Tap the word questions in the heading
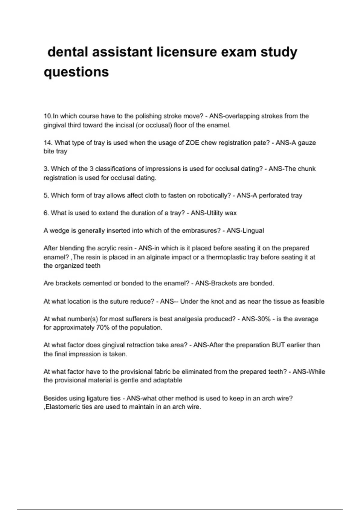76,72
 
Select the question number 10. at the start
48,116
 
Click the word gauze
306,143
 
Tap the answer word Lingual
253,231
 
